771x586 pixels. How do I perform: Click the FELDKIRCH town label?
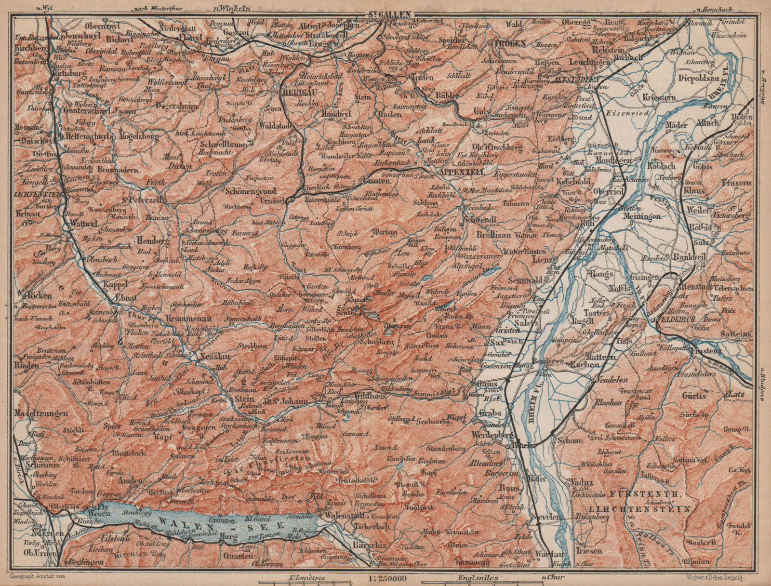click(x=677, y=319)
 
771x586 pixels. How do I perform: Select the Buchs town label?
click(x=524, y=445)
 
